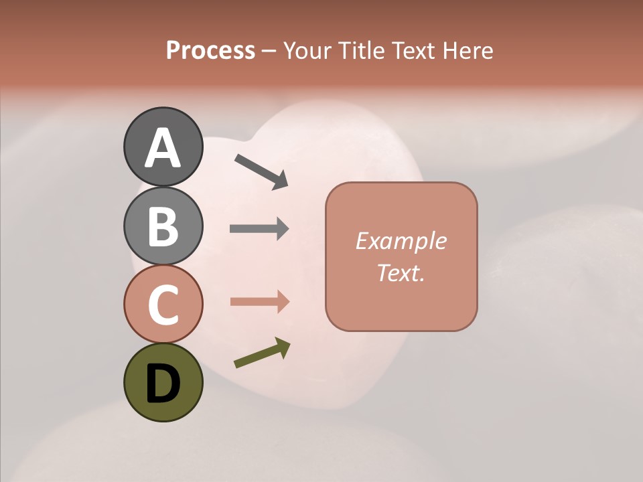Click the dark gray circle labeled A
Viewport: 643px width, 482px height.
tap(163, 147)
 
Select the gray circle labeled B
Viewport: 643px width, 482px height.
tap(163, 226)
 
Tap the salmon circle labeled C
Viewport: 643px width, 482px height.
tap(163, 304)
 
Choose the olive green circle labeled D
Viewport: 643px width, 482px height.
tap(163, 382)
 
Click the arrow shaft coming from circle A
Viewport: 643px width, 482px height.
tap(255, 167)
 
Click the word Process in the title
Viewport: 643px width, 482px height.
tap(210, 50)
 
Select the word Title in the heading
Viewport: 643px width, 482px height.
tap(364, 50)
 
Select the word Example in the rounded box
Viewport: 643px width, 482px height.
tap(401, 240)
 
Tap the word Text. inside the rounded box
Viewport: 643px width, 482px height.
tap(401, 272)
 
